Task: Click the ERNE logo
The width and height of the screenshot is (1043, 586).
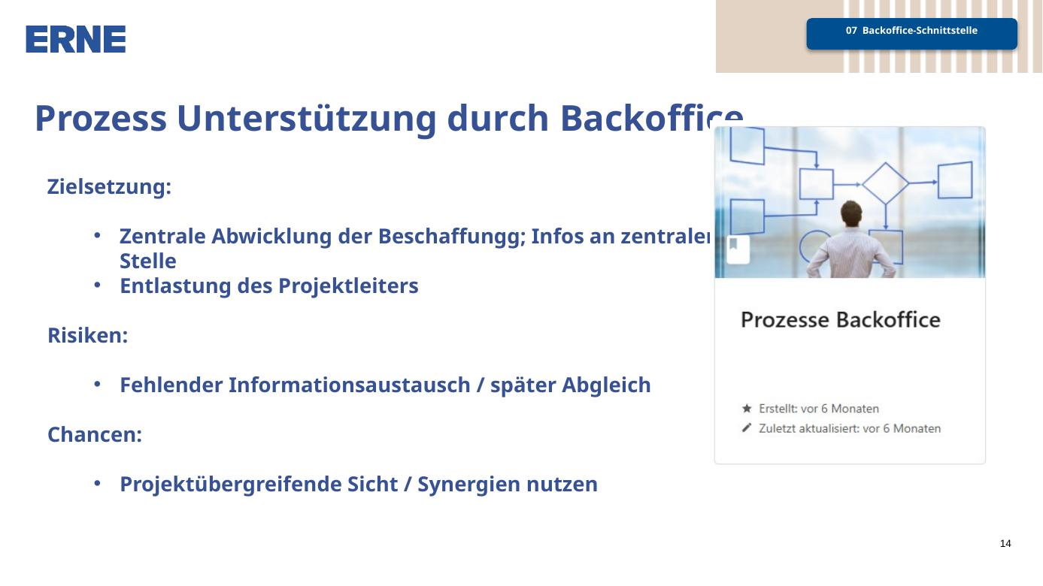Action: pos(75,39)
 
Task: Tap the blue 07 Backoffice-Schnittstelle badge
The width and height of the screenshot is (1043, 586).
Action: pos(911,34)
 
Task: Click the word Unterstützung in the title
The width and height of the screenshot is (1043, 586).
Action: pos(306,119)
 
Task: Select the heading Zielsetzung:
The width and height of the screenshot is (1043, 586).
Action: pos(110,187)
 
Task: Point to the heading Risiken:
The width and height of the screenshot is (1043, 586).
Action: pos(87,335)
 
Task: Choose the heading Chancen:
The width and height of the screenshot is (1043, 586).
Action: pos(95,434)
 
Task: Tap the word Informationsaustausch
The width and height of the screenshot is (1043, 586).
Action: pos(349,385)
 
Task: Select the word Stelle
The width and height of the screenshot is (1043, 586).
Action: pos(148,261)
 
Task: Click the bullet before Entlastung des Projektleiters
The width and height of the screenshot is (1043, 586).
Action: pos(97,285)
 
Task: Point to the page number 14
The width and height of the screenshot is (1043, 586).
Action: pos(1005,543)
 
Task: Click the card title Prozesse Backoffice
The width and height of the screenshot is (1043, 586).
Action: pos(841,320)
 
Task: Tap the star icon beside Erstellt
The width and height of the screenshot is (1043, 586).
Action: pos(747,409)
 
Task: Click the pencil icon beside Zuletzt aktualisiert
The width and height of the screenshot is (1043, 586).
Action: pos(747,428)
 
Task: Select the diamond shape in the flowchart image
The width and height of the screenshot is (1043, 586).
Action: pos(885,183)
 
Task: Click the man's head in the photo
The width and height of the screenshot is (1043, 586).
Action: pos(851,213)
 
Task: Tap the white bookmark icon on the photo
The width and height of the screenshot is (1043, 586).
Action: pos(738,249)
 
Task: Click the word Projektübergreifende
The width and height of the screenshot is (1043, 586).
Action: pos(231,485)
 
